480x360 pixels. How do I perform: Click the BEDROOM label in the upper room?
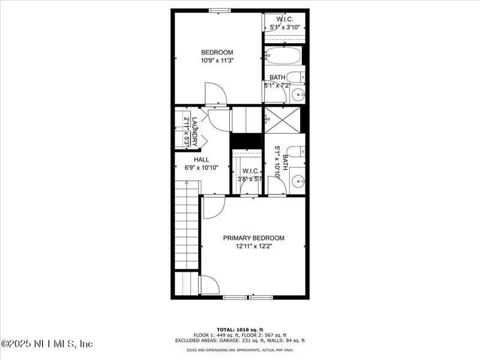click(217, 52)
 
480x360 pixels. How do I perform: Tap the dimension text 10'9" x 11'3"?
click(217, 60)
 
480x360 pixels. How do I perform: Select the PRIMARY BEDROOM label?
click(254, 238)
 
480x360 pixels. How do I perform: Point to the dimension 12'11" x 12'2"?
click(254, 246)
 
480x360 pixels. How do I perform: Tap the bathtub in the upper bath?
click(283, 56)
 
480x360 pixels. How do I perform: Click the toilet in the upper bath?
click(296, 77)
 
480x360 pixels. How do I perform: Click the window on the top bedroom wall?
click(220, 10)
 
